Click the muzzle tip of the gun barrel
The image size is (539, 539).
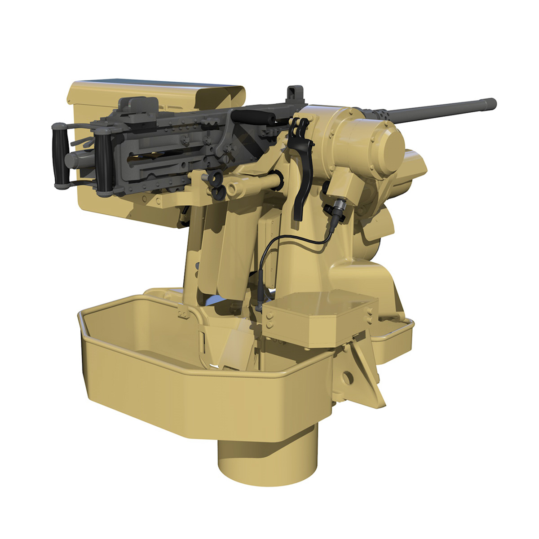[492, 103]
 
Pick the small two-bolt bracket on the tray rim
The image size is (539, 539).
[182, 314]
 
